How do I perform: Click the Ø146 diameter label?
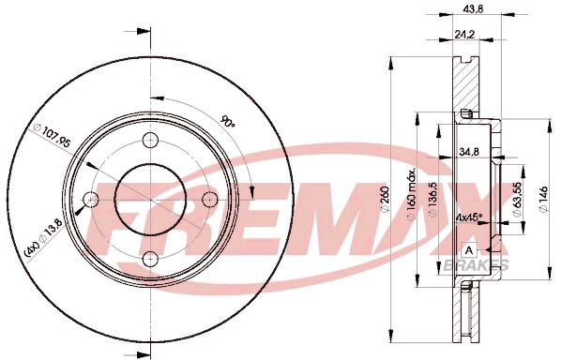544,198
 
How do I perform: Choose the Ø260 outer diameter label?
400,198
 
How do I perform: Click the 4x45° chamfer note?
469,217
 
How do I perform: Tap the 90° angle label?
226,121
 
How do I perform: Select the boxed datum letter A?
468,249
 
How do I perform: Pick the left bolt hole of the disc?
90,200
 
